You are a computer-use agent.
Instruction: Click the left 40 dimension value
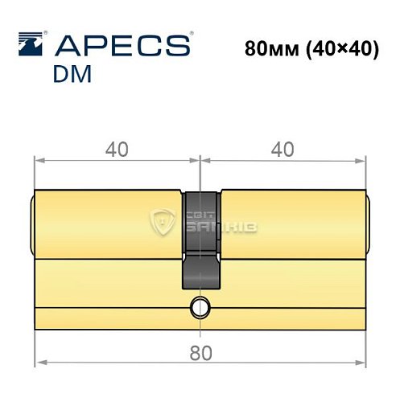[118, 150]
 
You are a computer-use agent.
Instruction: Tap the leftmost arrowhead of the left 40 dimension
[39, 160]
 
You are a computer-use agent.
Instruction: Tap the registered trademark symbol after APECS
[190, 35]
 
